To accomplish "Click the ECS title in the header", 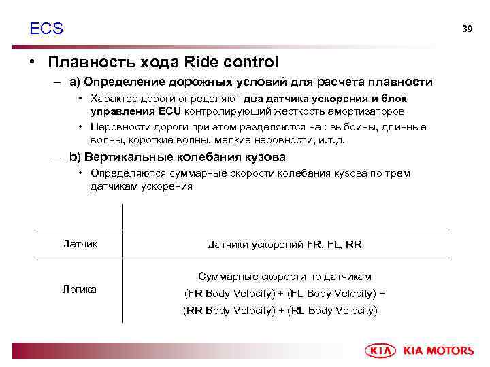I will point(46,29).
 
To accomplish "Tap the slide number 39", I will point(467,29).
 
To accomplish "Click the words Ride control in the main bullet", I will point(231,63).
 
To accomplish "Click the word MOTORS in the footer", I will point(450,351).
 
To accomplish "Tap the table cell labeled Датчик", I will point(80,243).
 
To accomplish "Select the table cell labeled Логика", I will point(80,290).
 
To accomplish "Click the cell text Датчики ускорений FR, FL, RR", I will point(284,244).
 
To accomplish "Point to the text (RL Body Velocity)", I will point(333,311).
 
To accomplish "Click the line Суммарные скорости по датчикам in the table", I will point(284,277).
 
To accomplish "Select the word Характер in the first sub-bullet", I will point(112,99).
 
